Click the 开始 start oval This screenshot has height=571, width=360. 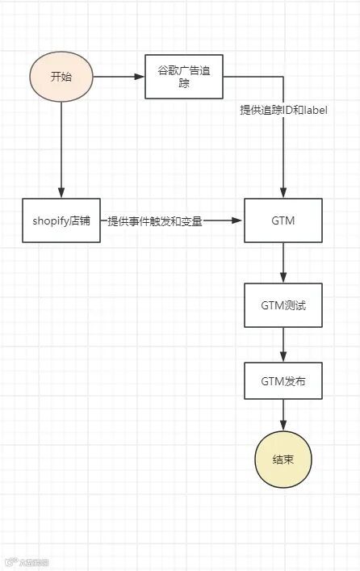tap(61, 77)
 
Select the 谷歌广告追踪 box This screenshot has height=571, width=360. tap(183, 77)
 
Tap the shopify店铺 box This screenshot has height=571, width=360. tap(61, 220)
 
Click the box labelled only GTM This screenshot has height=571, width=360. tap(283, 220)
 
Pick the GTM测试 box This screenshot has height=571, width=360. tap(283, 305)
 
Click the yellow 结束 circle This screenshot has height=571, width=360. tap(283, 459)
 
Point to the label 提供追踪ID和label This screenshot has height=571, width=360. tap(283, 109)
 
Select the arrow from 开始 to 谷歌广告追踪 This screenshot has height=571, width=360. tap(117, 78)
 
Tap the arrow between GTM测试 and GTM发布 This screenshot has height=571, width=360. tap(283, 342)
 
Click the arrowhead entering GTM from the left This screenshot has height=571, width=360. tap(239, 220)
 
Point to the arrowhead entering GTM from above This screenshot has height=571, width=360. tap(283, 193)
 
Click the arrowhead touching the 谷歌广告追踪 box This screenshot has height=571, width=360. tap(140, 78)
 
